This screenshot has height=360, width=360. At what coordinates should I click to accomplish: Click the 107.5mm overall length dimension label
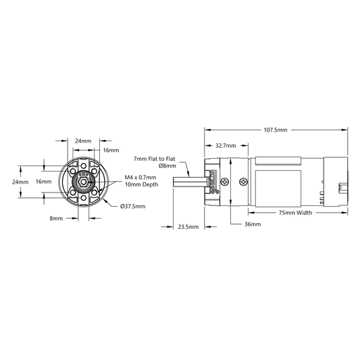point(276,130)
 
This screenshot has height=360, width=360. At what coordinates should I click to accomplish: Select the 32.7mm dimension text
point(226,146)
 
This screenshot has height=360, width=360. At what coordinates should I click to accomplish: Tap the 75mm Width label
point(295,213)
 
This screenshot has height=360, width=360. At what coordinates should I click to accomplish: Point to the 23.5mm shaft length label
point(188,227)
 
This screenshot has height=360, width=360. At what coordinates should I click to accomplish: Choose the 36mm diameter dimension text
point(253,224)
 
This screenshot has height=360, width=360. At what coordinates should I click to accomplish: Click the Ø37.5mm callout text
point(132,207)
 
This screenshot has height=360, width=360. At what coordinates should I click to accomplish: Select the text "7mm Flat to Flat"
point(154,159)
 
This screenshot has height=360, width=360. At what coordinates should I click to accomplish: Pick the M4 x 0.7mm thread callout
point(140,178)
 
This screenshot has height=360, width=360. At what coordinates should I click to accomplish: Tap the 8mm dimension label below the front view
point(56,218)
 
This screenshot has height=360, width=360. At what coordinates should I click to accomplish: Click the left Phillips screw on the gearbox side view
point(225,182)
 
